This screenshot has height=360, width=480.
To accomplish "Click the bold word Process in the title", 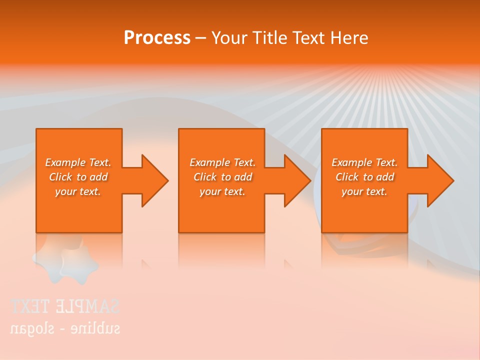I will click(x=157, y=38).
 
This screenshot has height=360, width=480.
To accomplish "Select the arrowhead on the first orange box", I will click(x=152, y=180).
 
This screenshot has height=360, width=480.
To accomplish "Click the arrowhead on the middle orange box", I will click(x=295, y=180).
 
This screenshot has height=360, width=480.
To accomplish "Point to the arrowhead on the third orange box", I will click(x=438, y=180).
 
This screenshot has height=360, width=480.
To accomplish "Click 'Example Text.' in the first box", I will click(x=78, y=162).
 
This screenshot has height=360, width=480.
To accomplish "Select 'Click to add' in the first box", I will click(x=78, y=177).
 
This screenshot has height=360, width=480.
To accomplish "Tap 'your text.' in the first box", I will click(x=78, y=191).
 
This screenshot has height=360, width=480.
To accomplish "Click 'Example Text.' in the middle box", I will click(x=222, y=162).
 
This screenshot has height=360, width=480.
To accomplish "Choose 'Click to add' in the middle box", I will click(x=222, y=177).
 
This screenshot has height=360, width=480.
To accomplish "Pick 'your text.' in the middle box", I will click(x=222, y=191).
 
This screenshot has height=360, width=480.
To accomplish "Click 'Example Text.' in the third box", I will click(x=364, y=162).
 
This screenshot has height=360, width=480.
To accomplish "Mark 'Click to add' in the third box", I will click(x=364, y=177).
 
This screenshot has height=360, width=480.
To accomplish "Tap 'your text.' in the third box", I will click(x=364, y=191).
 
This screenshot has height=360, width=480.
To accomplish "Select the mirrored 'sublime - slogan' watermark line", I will click(x=65, y=328).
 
